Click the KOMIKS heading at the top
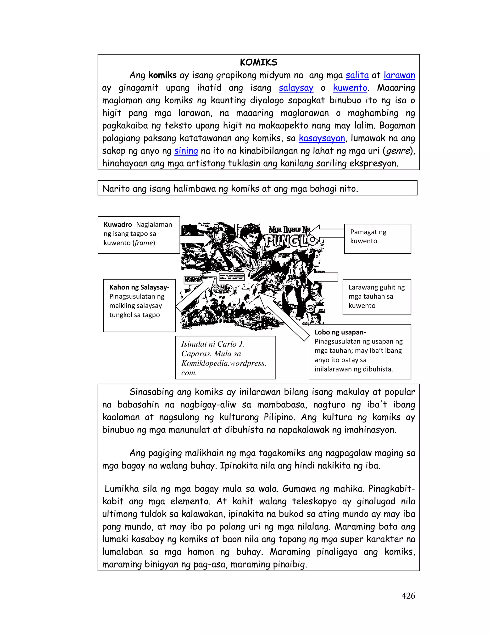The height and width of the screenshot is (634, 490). click(x=258, y=62)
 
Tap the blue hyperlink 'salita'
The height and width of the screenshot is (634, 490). click(x=357, y=75)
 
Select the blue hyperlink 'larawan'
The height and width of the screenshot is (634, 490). click(x=399, y=75)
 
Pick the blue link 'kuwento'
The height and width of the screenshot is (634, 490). click(x=350, y=88)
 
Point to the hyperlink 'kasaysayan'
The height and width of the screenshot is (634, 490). click(x=322, y=139)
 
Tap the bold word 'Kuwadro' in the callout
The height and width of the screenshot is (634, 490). click(x=117, y=224)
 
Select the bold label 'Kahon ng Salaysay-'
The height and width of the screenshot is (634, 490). click(x=139, y=287)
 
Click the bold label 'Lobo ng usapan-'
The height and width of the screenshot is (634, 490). click(x=340, y=332)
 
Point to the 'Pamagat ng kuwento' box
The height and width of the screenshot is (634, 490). click(x=377, y=238)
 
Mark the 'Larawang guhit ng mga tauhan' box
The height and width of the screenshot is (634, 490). click(x=377, y=297)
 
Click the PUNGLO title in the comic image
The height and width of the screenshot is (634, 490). click(x=290, y=241)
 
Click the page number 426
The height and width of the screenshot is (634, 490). click(x=408, y=596)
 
